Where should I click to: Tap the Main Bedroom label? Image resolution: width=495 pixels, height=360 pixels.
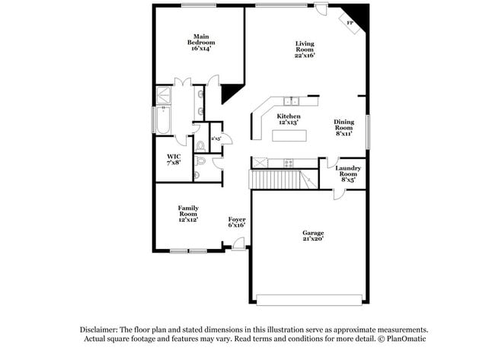(201, 42)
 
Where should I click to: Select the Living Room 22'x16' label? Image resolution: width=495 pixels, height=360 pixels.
(305, 49)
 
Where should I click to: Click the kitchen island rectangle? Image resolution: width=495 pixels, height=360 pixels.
(290, 136)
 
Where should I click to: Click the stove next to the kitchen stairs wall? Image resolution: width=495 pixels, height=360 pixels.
(289, 162)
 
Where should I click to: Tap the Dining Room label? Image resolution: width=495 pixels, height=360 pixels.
(344, 129)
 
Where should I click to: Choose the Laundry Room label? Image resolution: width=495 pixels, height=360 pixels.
(348, 174)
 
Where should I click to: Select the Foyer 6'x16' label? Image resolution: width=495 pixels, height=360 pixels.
(237, 222)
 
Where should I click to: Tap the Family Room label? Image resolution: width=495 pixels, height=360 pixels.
(188, 213)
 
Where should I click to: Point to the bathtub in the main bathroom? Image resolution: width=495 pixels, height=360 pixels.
(164, 123)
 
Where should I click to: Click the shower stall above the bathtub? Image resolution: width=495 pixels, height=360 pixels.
(164, 95)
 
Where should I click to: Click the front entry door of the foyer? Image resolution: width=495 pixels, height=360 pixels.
(238, 243)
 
